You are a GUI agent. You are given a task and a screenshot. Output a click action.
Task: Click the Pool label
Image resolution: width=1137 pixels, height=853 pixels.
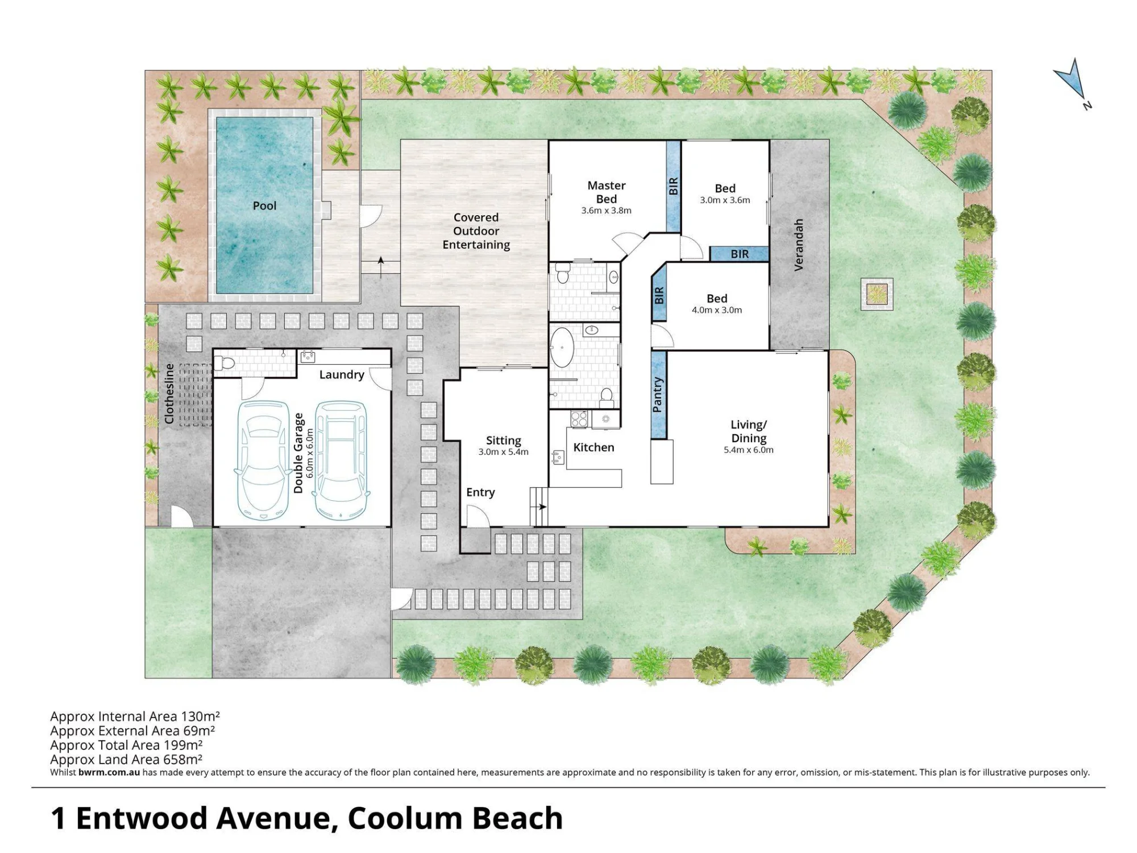264,205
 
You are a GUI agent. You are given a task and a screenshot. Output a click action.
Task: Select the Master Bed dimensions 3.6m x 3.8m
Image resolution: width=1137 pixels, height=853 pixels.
606,211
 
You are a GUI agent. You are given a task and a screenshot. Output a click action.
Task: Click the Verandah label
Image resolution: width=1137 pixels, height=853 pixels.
798,245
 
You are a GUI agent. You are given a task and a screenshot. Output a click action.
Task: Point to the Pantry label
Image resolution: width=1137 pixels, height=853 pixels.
657,394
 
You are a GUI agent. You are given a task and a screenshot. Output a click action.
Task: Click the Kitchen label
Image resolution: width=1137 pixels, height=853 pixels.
594,447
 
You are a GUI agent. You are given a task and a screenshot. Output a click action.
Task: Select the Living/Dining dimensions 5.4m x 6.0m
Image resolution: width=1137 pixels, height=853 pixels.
748,450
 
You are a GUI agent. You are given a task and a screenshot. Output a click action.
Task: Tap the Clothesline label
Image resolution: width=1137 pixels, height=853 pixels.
169,394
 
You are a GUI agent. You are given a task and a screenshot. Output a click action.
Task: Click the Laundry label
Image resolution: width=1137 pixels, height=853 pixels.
341,374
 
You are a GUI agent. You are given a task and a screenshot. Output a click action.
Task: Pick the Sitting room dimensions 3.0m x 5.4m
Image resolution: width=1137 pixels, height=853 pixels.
503,452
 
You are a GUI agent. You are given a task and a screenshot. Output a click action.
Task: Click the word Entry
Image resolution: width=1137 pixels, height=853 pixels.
480,492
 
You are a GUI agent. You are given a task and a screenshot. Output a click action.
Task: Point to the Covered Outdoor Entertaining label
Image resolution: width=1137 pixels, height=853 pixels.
476,231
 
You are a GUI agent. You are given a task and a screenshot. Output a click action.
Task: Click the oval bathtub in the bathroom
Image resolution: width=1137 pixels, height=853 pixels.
563,347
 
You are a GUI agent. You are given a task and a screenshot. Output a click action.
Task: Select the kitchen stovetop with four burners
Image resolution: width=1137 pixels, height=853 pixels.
579,419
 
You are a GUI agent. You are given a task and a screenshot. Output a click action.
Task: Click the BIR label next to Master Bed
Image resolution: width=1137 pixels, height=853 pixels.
673,186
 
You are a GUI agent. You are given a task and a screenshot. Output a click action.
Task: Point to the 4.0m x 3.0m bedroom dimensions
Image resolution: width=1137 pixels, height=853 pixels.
716,310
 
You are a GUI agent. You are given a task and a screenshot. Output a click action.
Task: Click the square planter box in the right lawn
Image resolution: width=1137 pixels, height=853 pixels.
877,294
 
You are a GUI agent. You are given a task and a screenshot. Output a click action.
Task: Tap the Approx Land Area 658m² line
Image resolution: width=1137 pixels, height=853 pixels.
126,759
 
